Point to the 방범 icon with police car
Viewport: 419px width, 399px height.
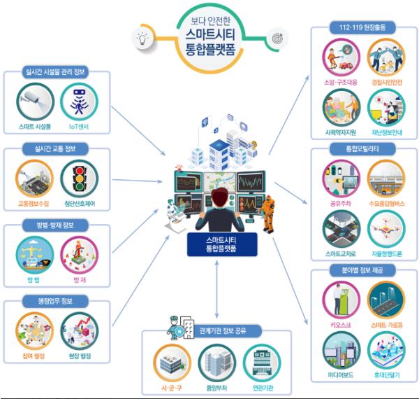[x=34, y=258]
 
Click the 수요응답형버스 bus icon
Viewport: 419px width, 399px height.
[x=386, y=179]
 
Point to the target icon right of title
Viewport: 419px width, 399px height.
[x=277, y=35]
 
